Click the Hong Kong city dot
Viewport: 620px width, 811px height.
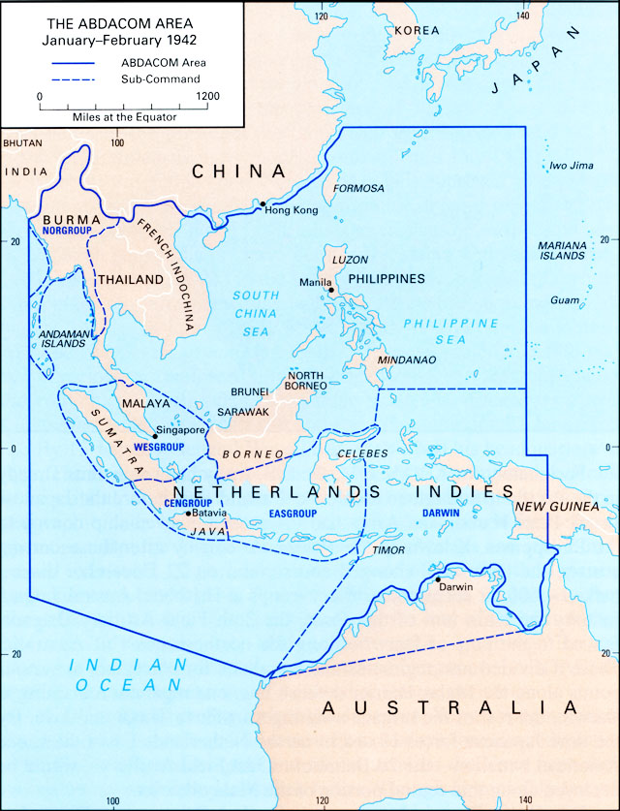pyautogui.click(x=261, y=203)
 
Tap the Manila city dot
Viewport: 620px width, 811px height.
pyautogui.click(x=331, y=290)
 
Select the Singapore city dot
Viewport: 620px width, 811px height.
pyautogui.click(x=155, y=436)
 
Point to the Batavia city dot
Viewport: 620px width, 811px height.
pyautogui.click(x=188, y=513)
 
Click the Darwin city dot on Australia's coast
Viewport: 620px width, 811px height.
pyautogui.click(x=438, y=579)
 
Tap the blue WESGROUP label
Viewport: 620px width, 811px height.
pyautogui.click(x=160, y=450)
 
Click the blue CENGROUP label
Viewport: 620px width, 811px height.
pyautogui.click(x=159, y=504)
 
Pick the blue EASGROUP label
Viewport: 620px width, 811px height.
pyautogui.click(x=294, y=514)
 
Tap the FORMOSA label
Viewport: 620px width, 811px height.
pyautogui.click(x=358, y=188)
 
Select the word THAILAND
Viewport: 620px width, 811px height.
pyautogui.click(x=131, y=279)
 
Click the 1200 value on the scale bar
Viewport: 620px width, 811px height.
pyautogui.click(x=206, y=97)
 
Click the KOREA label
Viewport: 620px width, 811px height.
pyautogui.click(x=418, y=31)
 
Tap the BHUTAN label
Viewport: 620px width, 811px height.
pyautogui.click(x=23, y=142)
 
